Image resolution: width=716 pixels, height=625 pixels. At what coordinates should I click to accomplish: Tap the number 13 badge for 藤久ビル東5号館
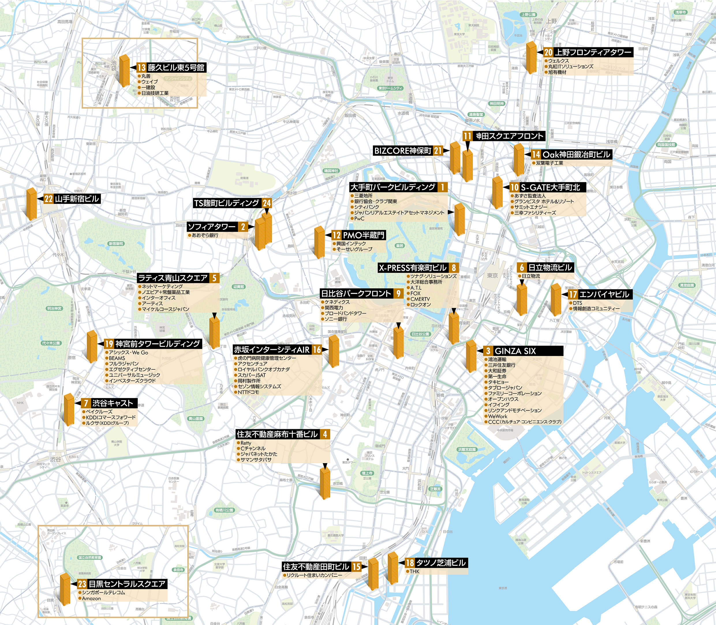(141, 68)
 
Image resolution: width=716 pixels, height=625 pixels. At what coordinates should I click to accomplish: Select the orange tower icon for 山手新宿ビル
(31, 204)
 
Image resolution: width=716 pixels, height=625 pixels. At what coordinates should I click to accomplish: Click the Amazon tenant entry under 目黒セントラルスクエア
(91, 598)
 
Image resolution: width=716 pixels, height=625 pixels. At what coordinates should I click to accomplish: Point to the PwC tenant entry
(359, 219)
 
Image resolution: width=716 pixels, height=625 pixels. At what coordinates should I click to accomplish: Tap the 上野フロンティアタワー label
(593, 52)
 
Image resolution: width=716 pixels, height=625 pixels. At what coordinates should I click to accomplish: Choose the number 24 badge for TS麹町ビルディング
(267, 203)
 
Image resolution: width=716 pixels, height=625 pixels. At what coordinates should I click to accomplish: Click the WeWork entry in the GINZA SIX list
(498, 416)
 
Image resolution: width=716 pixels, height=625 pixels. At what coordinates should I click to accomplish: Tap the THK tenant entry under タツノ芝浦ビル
(414, 571)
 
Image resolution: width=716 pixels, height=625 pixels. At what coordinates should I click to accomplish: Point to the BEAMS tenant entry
(117, 358)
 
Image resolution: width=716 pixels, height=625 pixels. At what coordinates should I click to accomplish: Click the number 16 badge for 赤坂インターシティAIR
(317, 350)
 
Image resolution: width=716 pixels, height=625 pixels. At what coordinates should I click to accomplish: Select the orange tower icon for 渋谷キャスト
(69, 410)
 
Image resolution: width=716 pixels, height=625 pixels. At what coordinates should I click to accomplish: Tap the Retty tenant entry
(246, 443)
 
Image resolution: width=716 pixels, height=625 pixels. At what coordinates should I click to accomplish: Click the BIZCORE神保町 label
(403, 151)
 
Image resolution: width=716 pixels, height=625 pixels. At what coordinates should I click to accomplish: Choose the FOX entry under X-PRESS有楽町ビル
(416, 293)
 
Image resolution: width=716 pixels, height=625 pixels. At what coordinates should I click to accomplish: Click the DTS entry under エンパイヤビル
(577, 303)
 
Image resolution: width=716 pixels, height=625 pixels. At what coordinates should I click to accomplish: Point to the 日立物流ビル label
(550, 268)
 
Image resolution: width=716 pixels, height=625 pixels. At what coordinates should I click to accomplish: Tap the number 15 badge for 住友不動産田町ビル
(356, 566)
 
